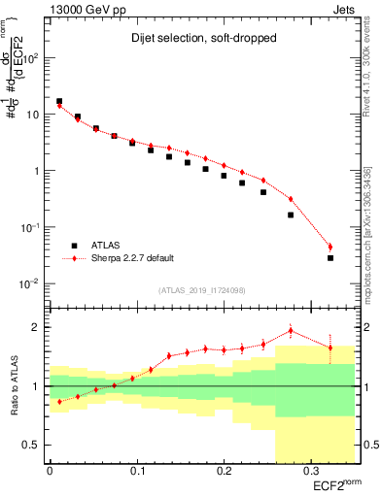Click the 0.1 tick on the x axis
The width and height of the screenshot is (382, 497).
[136, 470]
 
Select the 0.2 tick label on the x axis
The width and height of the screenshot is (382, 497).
[223, 470]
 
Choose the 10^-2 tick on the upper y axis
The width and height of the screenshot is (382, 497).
[32, 283]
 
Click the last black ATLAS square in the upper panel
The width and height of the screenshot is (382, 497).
[330, 258]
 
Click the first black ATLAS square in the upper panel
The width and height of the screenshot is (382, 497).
[59, 101]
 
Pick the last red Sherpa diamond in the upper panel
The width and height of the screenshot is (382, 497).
[330, 247]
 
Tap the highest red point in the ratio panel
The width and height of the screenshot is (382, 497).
[291, 330]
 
